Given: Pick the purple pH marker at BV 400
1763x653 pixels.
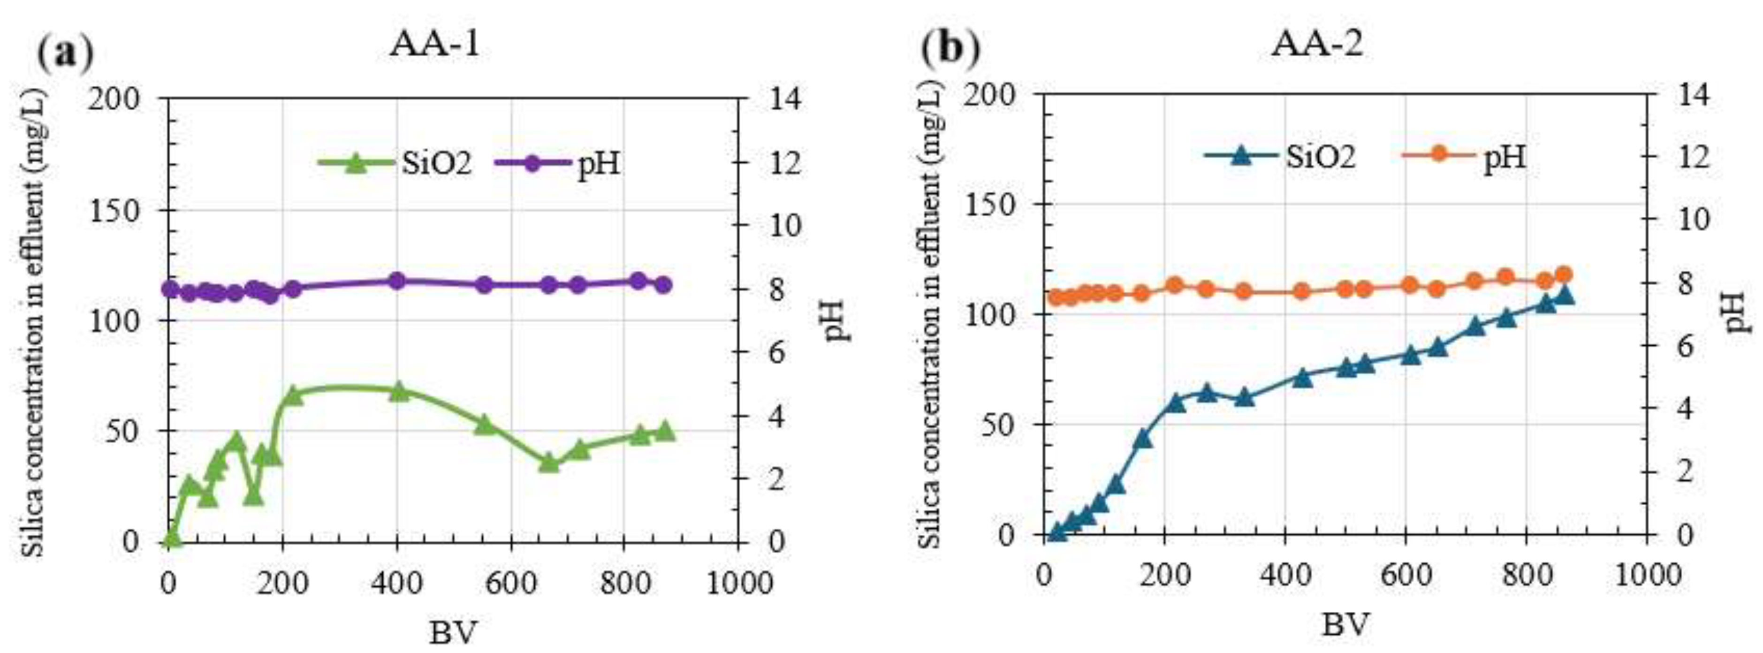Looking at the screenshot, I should click(x=397, y=281).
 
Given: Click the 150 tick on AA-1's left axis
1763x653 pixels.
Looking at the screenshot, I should click(x=124, y=209).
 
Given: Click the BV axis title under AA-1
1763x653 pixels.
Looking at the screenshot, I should click(x=452, y=633).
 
